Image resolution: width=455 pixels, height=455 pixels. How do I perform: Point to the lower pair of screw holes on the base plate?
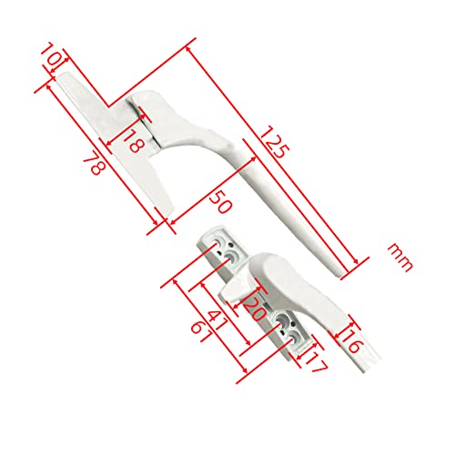click(x=288, y=326)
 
